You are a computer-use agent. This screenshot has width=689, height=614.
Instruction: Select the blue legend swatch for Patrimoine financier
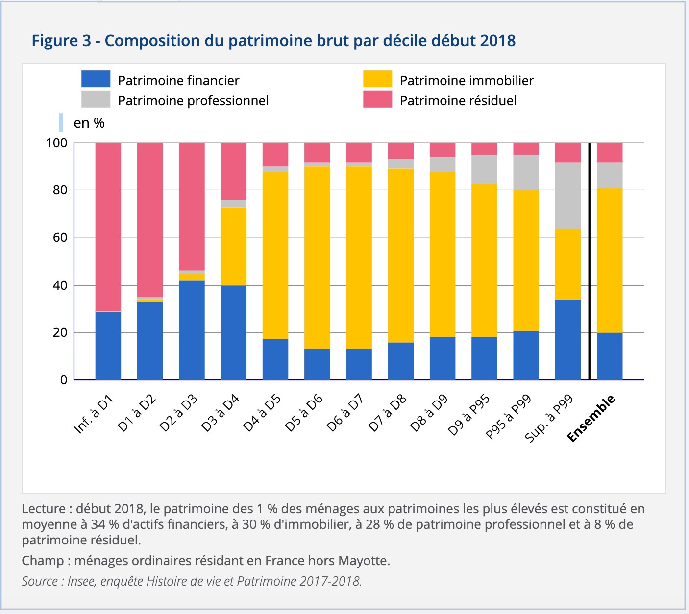(x=96, y=79)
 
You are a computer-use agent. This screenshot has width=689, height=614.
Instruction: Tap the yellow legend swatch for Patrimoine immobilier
(x=377, y=79)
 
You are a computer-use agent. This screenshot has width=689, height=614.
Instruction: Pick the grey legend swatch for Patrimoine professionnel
(x=96, y=99)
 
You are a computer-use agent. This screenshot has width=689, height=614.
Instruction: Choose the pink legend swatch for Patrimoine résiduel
(x=377, y=99)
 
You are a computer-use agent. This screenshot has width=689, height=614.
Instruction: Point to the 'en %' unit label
(x=89, y=123)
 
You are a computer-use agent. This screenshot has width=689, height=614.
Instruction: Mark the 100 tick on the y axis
(x=56, y=143)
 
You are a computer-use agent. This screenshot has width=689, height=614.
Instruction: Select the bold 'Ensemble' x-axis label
(x=591, y=418)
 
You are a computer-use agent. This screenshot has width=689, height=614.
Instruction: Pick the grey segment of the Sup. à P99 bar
(x=568, y=195)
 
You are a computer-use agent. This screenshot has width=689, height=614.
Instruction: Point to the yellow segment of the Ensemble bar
(x=610, y=260)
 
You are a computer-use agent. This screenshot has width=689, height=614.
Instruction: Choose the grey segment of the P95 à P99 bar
(x=526, y=172)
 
